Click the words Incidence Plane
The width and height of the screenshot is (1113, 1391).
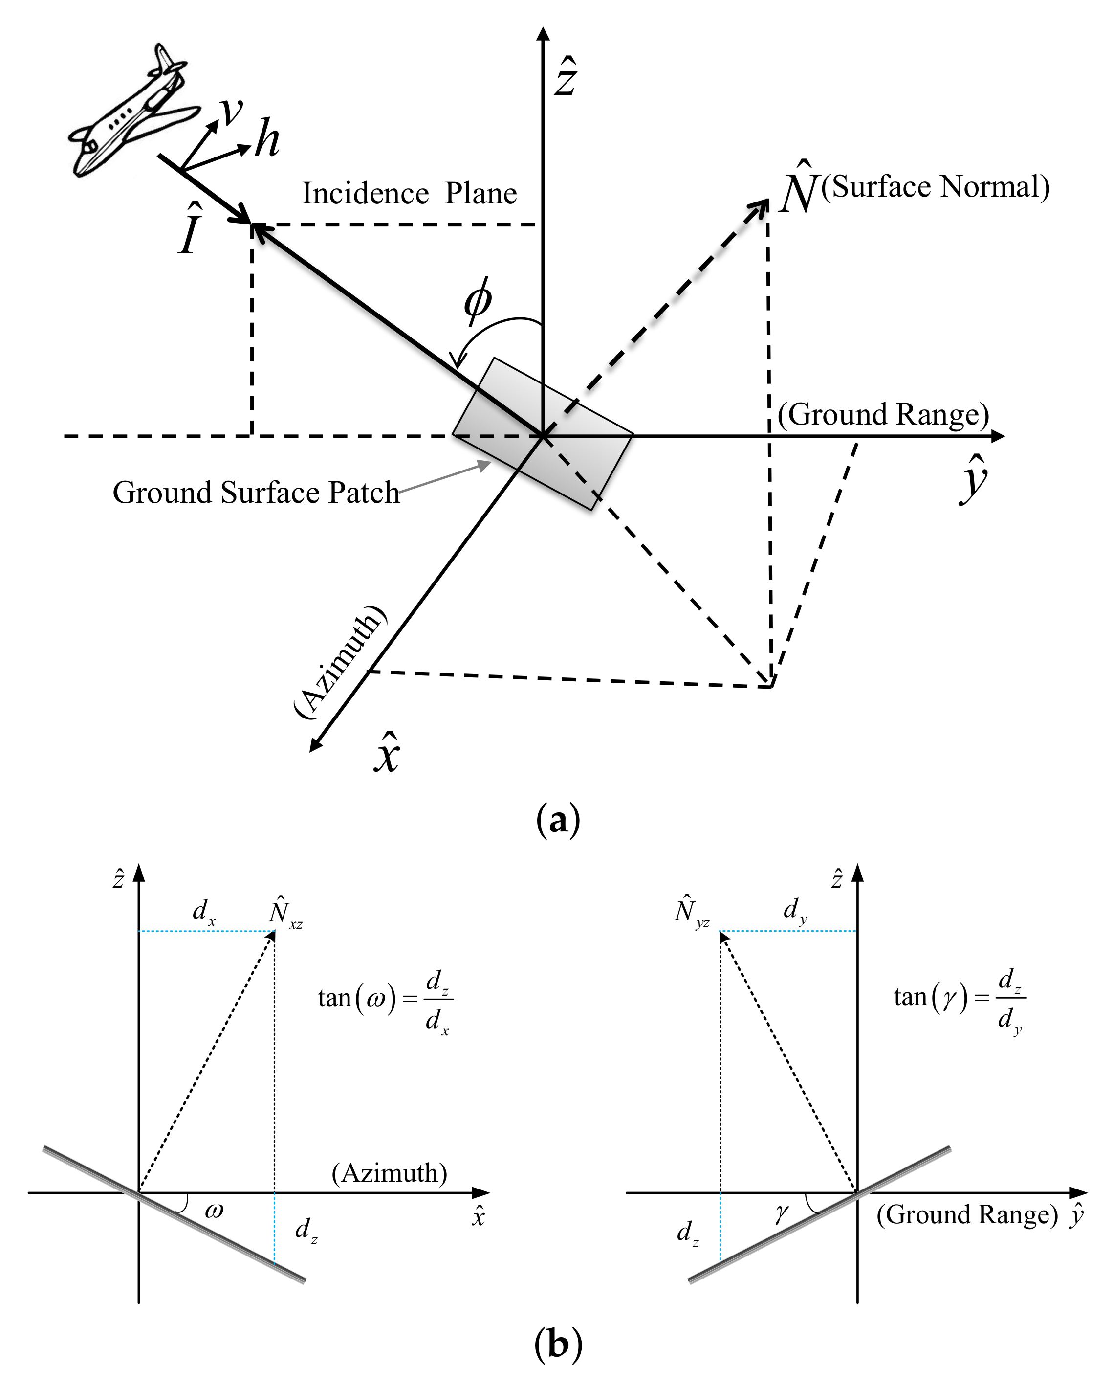(x=410, y=194)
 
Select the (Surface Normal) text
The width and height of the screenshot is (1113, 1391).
(x=935, y=187)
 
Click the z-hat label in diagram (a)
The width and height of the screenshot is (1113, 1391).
(x=566, y=77)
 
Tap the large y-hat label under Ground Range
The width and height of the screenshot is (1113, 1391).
(x=973, y=481)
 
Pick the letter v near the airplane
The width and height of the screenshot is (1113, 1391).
(x=230, y=111)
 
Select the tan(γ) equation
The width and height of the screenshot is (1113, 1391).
(x=959, y=999)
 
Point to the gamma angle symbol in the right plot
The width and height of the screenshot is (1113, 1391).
(x=781, y=1213)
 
